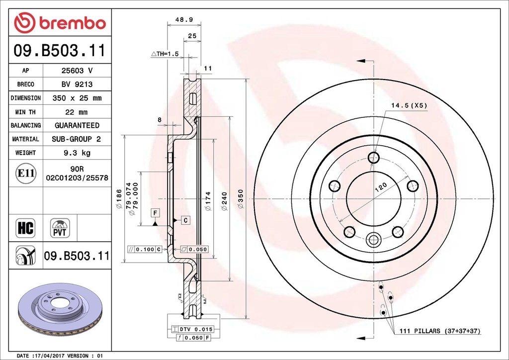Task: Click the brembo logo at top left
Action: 60,22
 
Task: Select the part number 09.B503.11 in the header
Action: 60,51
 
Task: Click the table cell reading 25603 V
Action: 77,71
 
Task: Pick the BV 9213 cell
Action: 77,85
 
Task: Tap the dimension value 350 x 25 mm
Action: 77,98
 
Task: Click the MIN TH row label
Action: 26,112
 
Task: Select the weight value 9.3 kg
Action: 77,153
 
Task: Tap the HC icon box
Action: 26,228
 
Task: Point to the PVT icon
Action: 60,228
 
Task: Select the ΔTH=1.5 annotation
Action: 165,54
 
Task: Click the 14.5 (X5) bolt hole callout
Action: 409,105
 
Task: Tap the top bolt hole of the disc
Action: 373,158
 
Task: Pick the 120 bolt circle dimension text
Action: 380,186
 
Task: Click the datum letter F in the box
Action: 156,213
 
